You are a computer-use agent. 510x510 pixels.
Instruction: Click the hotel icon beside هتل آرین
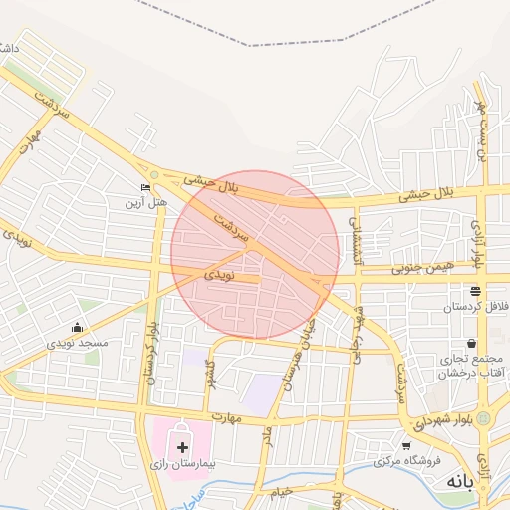tap(146, 187)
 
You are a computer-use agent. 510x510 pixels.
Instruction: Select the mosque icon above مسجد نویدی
tap(77, 328)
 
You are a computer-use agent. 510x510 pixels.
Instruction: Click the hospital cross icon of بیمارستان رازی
tap(182, 448)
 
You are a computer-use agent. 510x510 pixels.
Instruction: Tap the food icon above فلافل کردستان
tap(475, 292)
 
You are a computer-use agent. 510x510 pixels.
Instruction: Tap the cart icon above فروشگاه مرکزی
tap(406, 446)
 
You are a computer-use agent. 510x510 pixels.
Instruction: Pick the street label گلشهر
tap(210, 374)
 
